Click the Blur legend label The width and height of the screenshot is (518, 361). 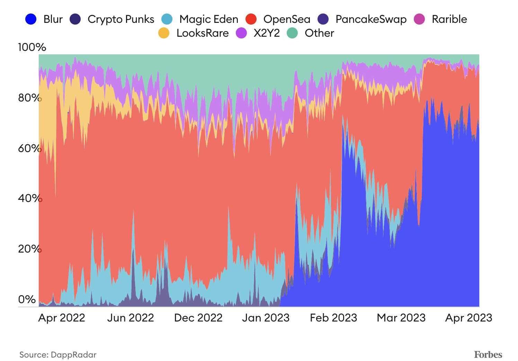point(53,19)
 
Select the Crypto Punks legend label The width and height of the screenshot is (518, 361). point(121,19)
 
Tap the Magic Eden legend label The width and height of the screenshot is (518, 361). point(209,19)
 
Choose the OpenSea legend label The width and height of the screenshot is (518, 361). point(287,19)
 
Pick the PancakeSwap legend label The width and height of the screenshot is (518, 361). point(371,19)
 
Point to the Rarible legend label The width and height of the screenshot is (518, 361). point(449,19)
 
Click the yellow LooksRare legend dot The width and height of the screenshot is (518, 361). point(164,33)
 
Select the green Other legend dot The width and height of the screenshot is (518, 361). point(293,33)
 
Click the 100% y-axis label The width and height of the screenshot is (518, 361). point(32,47)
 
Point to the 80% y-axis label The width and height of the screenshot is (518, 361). point(29,98)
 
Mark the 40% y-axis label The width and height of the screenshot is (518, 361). point(29,198)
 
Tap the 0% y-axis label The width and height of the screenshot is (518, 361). point(27,299)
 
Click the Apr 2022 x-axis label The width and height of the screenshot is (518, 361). point(62,318)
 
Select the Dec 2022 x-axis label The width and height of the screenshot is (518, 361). point(198,318)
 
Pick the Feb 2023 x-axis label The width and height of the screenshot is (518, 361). point(333,318)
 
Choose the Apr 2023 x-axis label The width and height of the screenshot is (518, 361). point(468,318)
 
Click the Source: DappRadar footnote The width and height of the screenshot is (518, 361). point(58,355)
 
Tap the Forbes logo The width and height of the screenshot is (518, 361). point(488,354)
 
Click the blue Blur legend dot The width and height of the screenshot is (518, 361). point(31,19)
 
